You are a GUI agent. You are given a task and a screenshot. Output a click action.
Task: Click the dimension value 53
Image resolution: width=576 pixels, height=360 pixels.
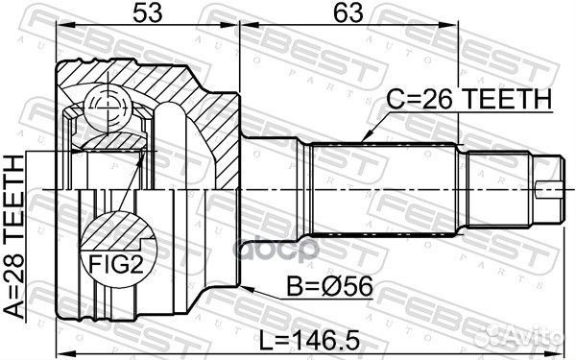pos(147,12)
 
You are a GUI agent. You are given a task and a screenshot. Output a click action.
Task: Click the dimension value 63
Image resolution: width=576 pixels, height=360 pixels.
pos(348,12)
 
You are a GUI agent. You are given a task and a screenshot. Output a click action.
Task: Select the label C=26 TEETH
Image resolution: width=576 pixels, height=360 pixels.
pos(469,99)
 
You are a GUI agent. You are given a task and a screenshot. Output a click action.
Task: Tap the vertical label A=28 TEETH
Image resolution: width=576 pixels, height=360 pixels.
pos(13,237)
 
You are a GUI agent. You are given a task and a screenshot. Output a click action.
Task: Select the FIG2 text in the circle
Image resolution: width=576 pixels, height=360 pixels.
pos(116,264)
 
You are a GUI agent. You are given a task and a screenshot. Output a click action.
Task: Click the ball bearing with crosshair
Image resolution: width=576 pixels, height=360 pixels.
pos(108,108)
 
